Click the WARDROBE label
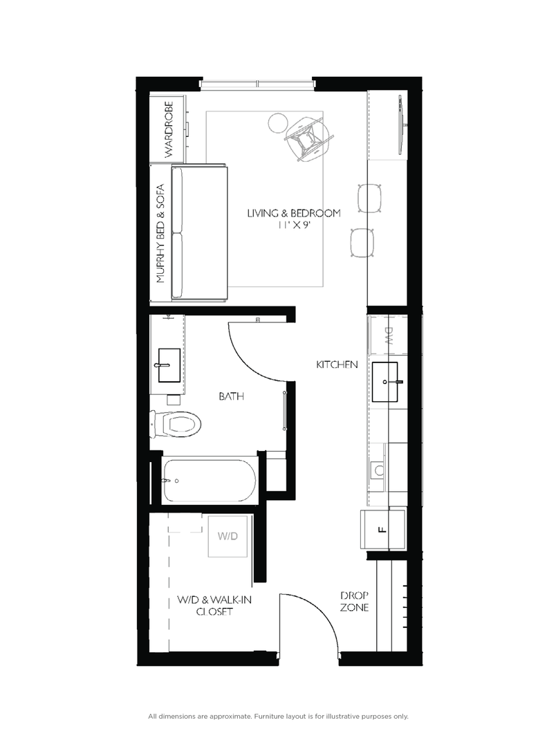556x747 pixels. [169, 129]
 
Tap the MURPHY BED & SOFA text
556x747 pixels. [160, 233]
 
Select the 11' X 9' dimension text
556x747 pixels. [294, 225]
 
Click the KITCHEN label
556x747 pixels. [337, 364]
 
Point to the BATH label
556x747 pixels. [232, 396]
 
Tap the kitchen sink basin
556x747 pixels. [385, 382]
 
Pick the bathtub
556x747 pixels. [209, 479]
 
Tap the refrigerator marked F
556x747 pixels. [382, 530]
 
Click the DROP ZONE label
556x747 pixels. [354, 602]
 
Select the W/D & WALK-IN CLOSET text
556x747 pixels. [214, 606]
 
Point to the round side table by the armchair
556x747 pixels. [277, 122]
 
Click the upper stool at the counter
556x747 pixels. [371, 198]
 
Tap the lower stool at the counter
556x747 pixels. [364, 243]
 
